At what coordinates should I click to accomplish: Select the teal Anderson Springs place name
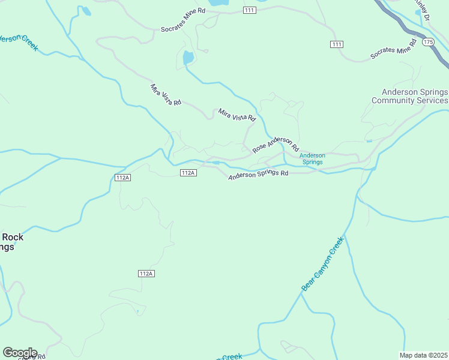pyautogui.click(x=312, y=158)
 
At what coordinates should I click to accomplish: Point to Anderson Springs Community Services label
pyautogui.click(x=411, y=96)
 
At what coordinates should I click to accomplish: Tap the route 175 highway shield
pyautogui.click(x=427, y=42)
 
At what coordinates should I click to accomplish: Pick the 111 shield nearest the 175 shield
pyautogui.click(x=337, y=44)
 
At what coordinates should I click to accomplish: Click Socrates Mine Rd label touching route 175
pyautogui.click(x=393, y=50)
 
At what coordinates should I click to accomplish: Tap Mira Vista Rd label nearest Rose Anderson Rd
pyautogui.click(x=237, y=115)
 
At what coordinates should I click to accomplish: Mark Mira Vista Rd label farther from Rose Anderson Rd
pyautogui.click(x=165, y=95)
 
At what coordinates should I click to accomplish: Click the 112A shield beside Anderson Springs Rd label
pyautogui.click(x=188, y=173)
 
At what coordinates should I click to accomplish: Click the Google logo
pyautogui.click(x=20, y=352)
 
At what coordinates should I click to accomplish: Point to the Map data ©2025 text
pyautogui.click(x=424, y=355)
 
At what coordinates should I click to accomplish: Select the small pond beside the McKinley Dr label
pyautogui.click(x=418, y=11)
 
